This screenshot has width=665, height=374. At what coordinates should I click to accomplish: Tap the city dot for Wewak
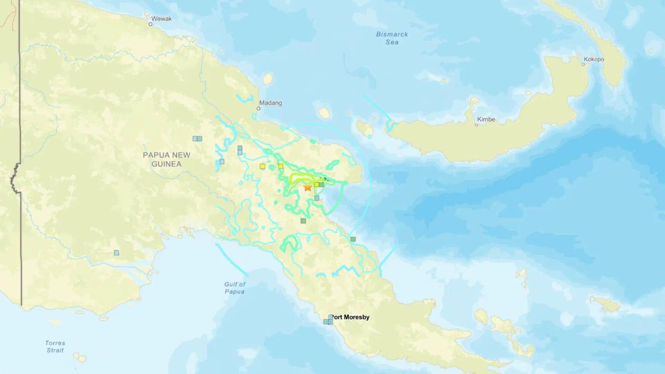(150, 24)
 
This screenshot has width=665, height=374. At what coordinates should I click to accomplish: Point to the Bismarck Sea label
(392, 38)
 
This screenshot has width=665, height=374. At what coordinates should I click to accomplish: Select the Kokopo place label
(594, 59)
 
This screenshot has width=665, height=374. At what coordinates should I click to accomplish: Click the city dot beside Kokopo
(583, 64)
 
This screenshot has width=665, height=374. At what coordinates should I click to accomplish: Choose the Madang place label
(270, 103)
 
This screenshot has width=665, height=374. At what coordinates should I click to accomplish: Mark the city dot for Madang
(259, 109)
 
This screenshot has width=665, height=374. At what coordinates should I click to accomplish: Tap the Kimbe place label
(486, 119)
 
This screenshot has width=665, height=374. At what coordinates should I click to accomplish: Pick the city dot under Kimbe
(476, 125)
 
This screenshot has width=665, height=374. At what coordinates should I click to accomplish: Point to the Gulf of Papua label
(235, 288)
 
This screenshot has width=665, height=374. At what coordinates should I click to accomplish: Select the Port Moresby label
(350, 317)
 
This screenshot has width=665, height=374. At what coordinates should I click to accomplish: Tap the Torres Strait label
(55, 346)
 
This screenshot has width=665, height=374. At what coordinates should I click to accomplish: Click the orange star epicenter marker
(308, 187)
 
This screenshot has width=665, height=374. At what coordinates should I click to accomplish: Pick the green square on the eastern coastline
(352, 239)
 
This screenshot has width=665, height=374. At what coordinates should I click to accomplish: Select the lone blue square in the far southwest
(116, 253)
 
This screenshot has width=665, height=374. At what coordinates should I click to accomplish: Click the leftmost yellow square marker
(262, 166)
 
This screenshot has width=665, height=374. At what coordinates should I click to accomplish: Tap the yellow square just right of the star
(316, 185)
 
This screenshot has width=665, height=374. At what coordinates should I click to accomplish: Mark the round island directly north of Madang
(268, 79)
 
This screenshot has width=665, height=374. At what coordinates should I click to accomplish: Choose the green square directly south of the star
(303, 221)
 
